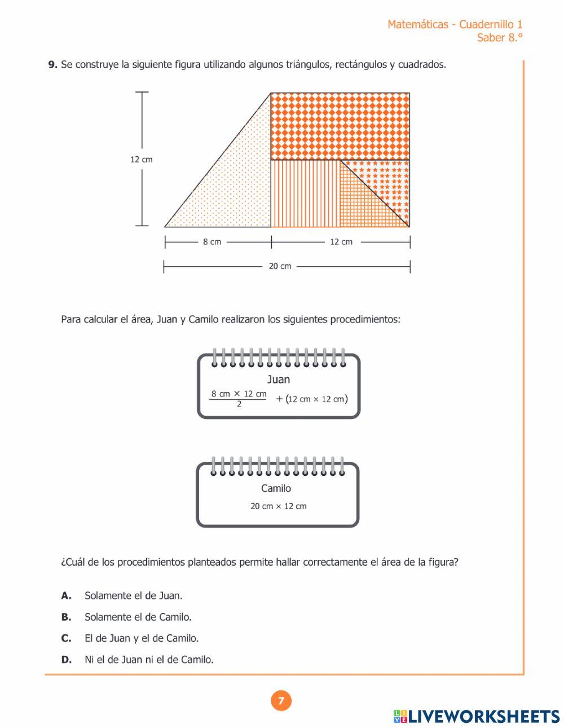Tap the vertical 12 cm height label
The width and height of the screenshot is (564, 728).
tap(142, 160)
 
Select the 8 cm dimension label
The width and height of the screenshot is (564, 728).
tap(212, 242)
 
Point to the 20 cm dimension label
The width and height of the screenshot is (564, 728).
tap(280, 266)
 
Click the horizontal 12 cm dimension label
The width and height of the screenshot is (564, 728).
tap(341, 242)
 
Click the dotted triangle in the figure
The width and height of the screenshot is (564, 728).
tap(237, 186)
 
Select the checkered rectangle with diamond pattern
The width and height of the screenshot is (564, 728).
tap(340, 126)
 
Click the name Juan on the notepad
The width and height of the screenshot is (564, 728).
tap(278, 380)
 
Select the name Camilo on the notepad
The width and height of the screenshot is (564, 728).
tap(276, 488)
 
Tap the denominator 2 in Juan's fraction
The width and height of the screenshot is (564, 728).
tap(239, 404)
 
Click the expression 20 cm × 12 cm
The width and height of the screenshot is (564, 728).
tap(279, 506)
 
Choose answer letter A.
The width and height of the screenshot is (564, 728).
tap(66, 595)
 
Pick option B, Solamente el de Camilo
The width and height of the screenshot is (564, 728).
tap(138, 617)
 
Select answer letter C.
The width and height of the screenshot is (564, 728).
tap(66, 638)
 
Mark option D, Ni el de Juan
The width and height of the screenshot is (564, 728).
tap(149, 659)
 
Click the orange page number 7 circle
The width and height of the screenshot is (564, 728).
tap(281, 701)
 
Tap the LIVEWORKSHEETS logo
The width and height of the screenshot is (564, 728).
tap(477, 716)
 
